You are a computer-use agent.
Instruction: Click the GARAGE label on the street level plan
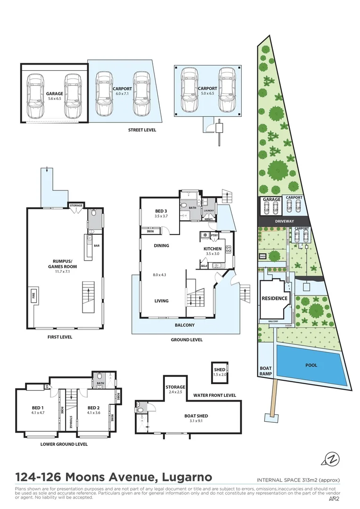[55, 94]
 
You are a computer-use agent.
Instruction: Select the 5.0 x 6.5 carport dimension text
[207, 94]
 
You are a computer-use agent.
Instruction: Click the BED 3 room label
[161, 211]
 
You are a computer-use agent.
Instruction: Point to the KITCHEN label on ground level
[212, 248]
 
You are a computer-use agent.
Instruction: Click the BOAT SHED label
[196, 416]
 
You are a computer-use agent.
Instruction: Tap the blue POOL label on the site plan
[311, 365]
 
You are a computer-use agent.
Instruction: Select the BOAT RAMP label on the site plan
[267, 372]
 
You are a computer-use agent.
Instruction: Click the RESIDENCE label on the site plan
[275, 298]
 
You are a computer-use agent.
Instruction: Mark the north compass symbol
[332, 458]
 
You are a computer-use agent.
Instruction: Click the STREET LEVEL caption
[142, 130]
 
